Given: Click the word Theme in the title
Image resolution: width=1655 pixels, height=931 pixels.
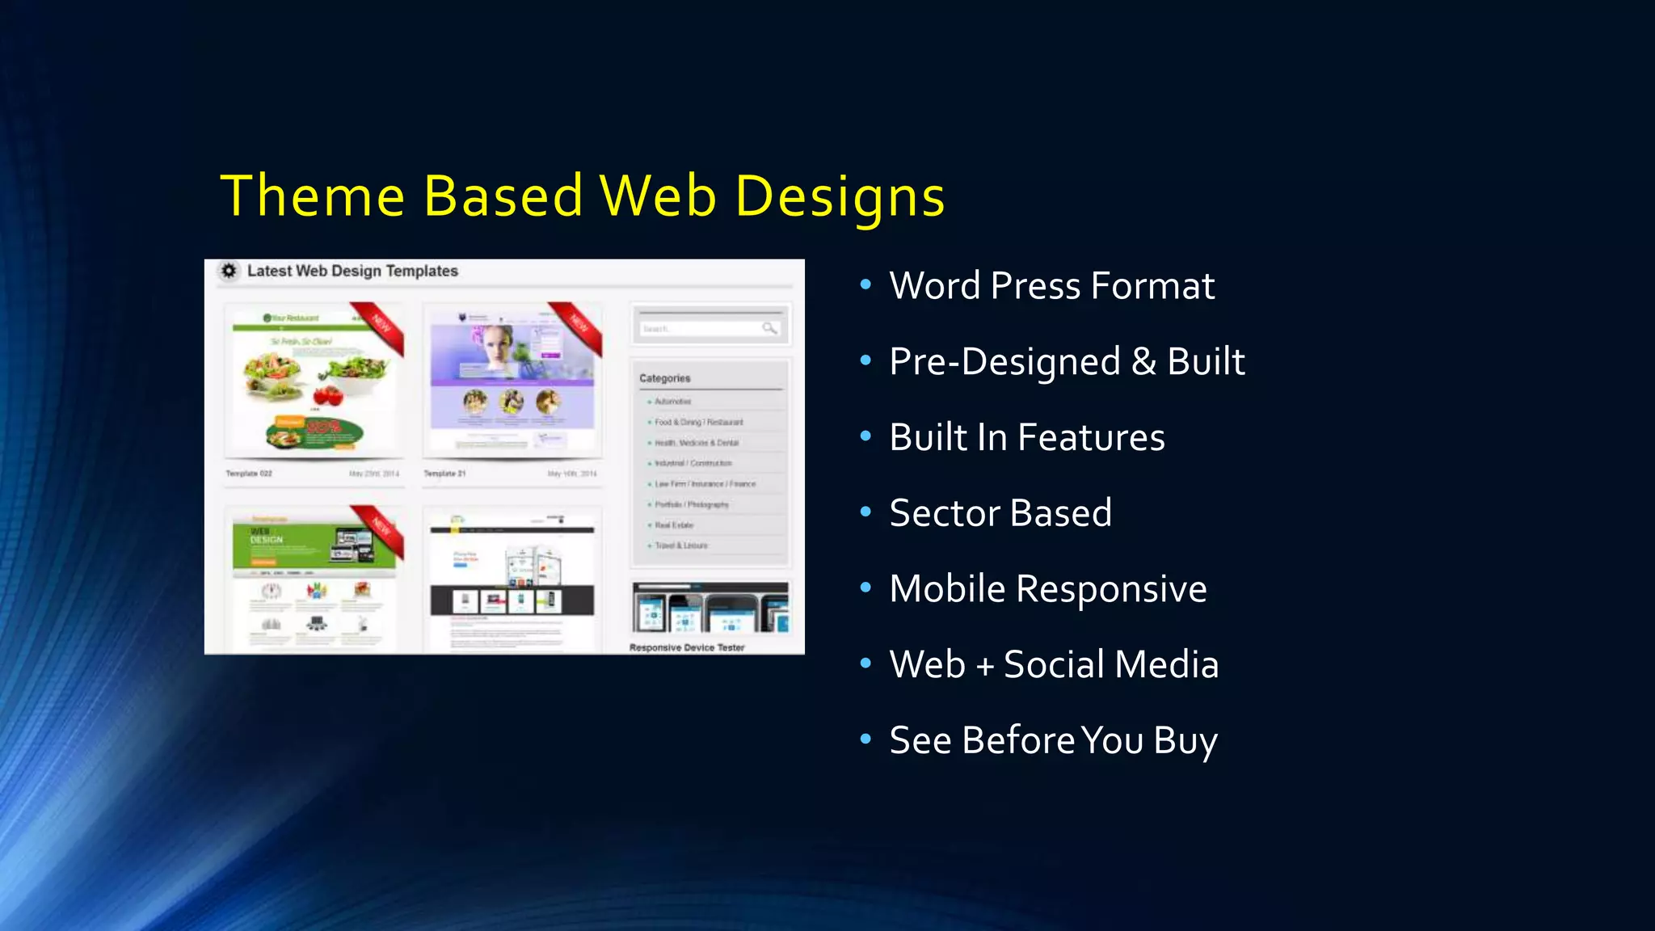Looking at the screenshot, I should pos(312,196).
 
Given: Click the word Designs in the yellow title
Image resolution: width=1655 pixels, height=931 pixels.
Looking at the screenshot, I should pos(840,196).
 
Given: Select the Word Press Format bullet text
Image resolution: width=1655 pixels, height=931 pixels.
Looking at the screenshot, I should pos(1051,286).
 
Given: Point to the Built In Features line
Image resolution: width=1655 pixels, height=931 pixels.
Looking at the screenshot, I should pos(1026,437).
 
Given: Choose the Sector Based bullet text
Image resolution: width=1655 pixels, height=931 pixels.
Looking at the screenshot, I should pos(1000,513).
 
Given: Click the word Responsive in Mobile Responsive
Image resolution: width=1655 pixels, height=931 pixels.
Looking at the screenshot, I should pos(1111,589).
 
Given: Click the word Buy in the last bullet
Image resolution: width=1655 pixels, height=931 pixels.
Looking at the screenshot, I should pos(1185,740).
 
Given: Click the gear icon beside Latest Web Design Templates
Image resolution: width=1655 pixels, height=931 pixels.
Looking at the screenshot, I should pos(230,271).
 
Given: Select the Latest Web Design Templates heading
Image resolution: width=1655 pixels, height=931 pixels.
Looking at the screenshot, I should pos(352,272).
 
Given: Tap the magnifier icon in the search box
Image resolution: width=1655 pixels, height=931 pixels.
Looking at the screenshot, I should pos(769,328).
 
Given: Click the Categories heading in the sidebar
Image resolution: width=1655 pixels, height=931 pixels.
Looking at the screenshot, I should pos(665,378).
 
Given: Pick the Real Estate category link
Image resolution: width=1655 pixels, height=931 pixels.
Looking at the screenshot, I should pos(674,525).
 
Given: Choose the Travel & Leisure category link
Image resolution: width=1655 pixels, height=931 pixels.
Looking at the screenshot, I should pos(680,546).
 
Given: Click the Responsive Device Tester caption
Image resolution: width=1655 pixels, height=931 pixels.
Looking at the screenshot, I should pos(687,647).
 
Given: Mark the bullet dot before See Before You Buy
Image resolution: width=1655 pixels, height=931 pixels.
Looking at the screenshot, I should pos(865,739).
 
